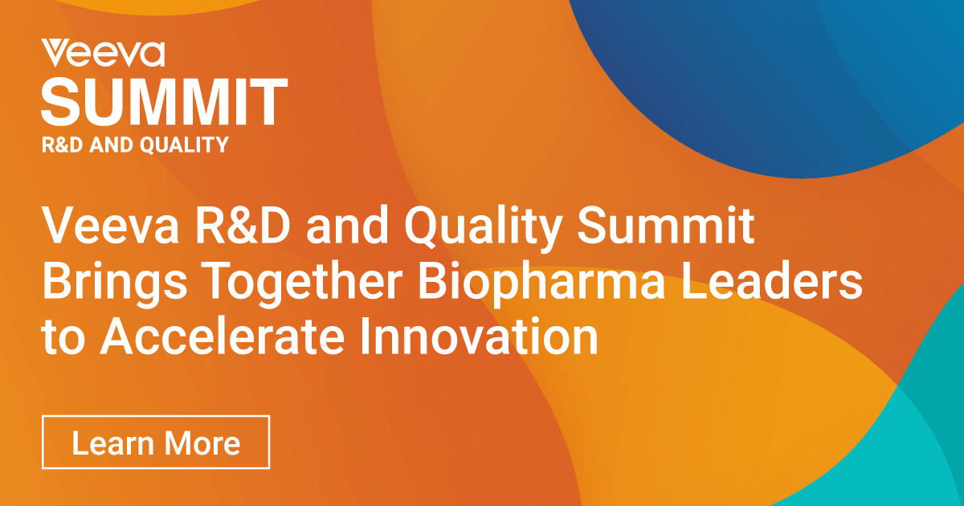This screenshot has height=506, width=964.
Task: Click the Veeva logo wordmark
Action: (x=103, y=53)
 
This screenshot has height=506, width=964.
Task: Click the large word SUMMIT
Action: (x=164, y=101)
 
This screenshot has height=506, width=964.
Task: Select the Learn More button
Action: (x=156, y=443)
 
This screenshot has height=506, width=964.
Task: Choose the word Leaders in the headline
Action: (x=771, y=282)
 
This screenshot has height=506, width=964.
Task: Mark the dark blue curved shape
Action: (x=763, y=80)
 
